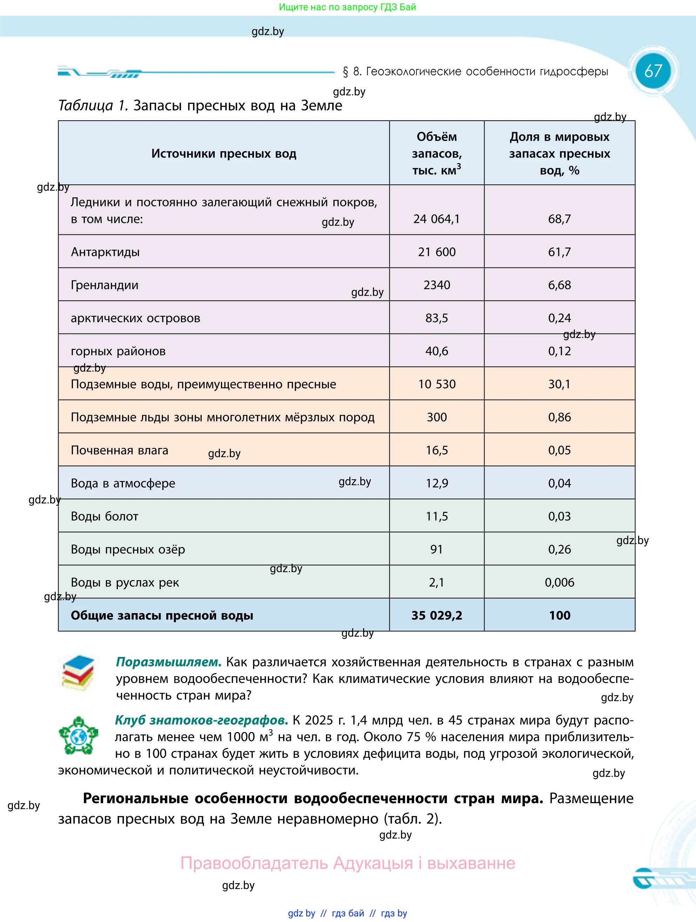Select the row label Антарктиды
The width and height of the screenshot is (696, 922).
click(x=105, y=252)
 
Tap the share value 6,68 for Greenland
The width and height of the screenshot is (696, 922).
click(x=559, y=285)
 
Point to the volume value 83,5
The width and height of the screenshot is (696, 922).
click(x=437, y=318)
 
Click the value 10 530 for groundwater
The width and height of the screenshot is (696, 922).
click(x=437, y=384)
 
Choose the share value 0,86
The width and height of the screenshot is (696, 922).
click(x=559, y=417)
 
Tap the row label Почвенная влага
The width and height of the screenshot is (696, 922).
click(x=119, y=450)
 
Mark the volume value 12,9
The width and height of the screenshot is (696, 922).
click(x=437, y=483)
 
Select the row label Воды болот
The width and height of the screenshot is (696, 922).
click(x=104, y=516)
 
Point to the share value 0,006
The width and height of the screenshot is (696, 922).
click(x=559, y=582)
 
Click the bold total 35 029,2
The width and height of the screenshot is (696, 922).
click(x=437, y=616)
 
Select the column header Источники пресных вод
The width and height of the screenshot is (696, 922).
click(x=223, y=154)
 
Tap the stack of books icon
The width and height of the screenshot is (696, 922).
click(x=78, y=673)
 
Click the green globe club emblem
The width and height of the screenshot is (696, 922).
click(x=78, y=736)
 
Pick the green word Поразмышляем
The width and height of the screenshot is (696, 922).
click(x=168, y=662)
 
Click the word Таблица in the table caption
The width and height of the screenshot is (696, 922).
click(x=86, y=106)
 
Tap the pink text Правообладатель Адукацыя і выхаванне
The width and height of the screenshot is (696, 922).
click(x=347, y=863)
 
